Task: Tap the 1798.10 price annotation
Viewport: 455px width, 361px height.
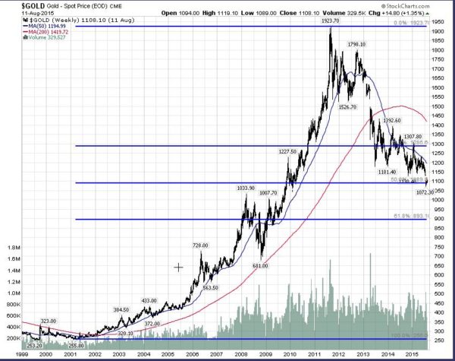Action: pos(358,45)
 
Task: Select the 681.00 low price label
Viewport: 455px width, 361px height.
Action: pos(262,265)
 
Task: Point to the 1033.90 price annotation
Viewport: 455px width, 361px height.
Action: pos(246,188)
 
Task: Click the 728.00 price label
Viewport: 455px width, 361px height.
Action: pos(200,245)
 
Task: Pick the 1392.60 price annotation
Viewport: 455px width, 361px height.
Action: pos(392,120)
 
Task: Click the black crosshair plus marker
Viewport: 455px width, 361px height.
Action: pos(179,268)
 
